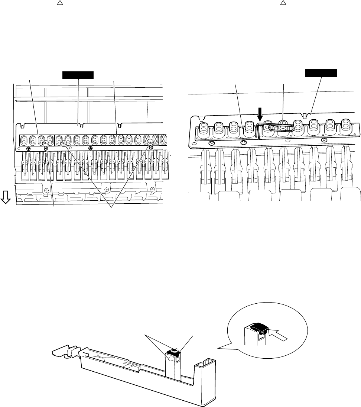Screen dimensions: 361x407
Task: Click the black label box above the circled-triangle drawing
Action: click(78, 76)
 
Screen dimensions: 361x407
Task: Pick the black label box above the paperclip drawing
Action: click(321, 72)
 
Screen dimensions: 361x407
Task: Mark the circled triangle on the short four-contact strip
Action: click(45, 143)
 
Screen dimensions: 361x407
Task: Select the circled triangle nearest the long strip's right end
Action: click(150, 143)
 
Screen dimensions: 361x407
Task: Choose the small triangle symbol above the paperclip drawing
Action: click(283, 3)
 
